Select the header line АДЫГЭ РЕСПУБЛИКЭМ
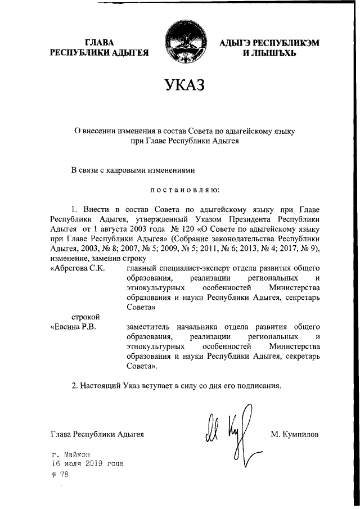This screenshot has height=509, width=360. coord(262,43)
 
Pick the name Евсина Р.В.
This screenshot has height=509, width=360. coord(74,327)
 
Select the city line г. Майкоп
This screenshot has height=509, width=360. coord(69,454)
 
